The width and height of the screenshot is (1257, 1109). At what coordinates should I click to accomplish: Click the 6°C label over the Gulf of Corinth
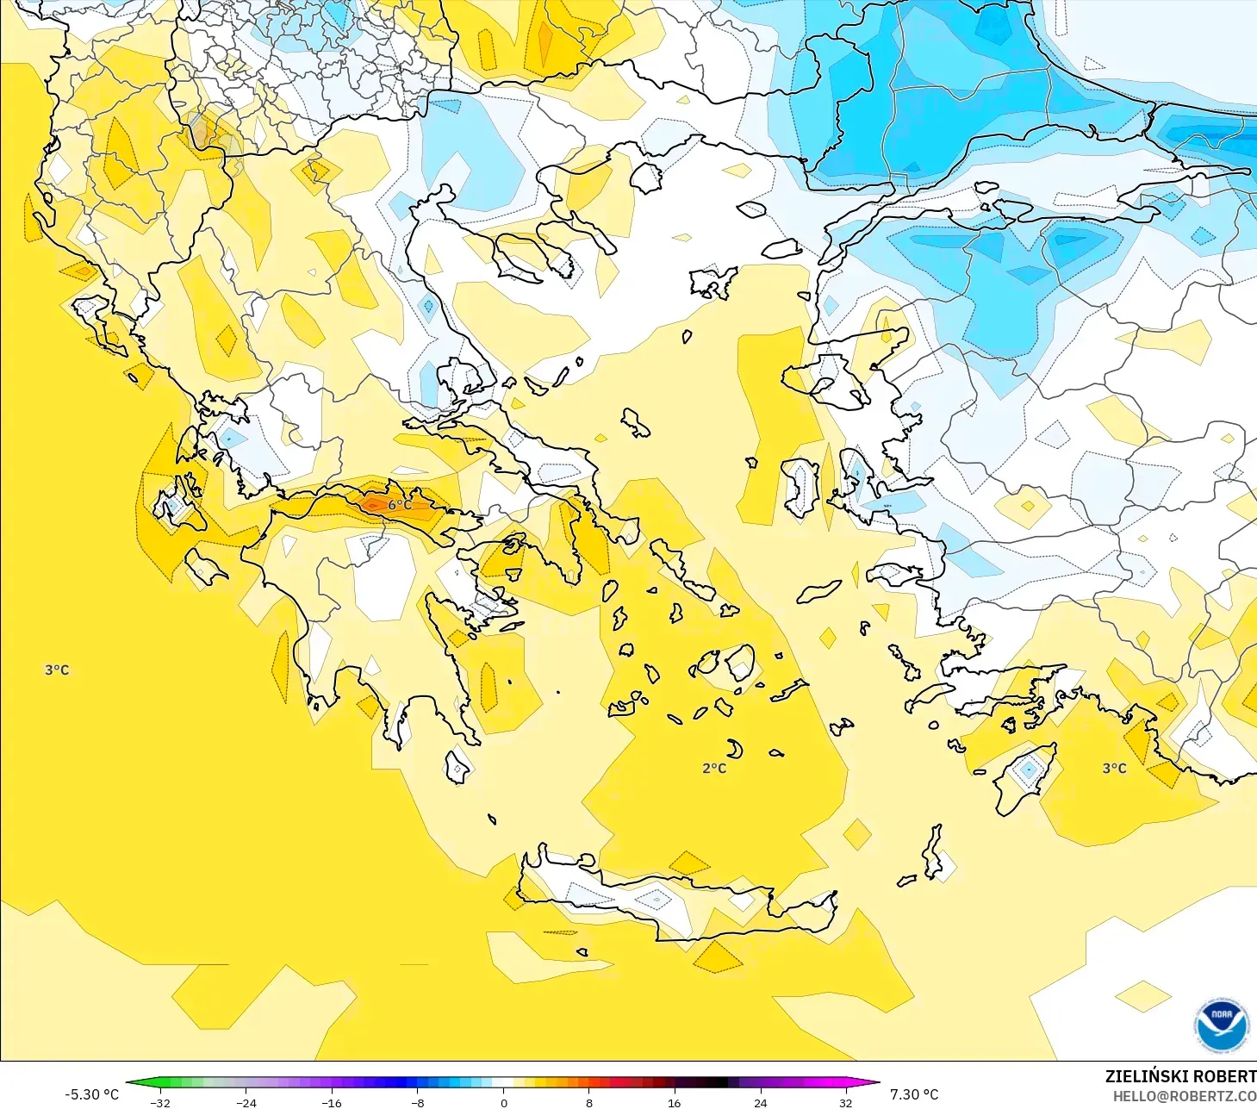tap(399, 505)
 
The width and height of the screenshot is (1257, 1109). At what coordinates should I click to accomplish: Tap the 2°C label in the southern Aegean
tap(714, 768)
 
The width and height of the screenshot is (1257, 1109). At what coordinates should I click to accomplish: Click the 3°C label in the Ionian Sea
tap(57, 670)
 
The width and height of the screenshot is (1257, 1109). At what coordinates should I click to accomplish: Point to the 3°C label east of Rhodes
tap(1114, 768)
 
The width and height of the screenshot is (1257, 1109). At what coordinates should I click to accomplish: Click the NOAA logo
tap(1221, 1025)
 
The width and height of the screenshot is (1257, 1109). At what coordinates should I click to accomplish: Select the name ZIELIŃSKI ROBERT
tap(1180, 1076)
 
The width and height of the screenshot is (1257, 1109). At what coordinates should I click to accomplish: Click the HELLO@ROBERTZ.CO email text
tap(1184, 1096)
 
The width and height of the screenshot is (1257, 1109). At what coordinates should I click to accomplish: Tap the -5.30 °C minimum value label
tap(91, 1094)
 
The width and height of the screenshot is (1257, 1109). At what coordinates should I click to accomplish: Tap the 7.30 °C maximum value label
tap(914, 1094)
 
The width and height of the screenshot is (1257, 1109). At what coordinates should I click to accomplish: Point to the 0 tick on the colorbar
tap(503, 1103)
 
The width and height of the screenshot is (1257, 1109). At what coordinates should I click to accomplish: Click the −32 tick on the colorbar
tap(160, 1103)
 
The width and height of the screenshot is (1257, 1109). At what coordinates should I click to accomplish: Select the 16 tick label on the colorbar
tap(674, 1103)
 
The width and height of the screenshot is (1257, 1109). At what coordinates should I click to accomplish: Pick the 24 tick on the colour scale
tap(760, 1103)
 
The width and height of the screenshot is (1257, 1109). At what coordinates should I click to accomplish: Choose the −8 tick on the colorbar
tap(417, 1103)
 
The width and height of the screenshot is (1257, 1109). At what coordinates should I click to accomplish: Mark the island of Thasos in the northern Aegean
tap(645, 178)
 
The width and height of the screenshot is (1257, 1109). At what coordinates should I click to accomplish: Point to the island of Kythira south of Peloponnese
tap(457, 766)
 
